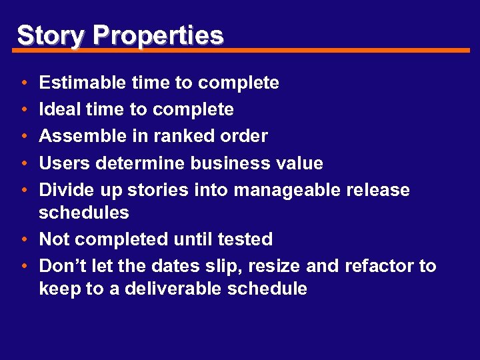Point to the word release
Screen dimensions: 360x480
pyautogui.click(x=377, y=190)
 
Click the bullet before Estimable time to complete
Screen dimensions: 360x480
pyautogui.click(x=23, y=83)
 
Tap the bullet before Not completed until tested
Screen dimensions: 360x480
pyautogui.click(x=23, y=240)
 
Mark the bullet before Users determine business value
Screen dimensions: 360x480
pyautogui.click(x=23, y=164)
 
